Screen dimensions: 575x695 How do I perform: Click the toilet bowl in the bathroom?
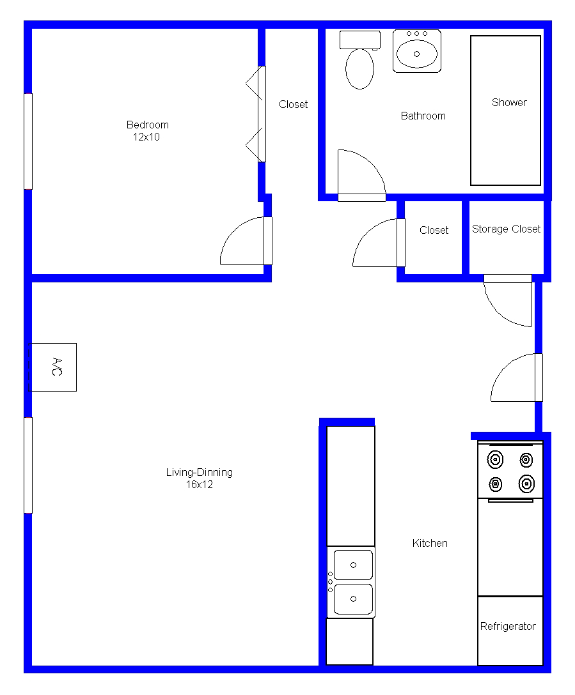tap(359, 69)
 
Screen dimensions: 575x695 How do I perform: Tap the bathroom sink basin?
tap(416, 54)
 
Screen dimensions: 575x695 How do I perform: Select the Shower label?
tap(509, 102)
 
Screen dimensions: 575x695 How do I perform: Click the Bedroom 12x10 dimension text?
tap(146, 137)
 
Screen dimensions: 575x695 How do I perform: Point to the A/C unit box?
tap(53, 367)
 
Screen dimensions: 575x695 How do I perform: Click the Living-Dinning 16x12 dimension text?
tap(199, 484)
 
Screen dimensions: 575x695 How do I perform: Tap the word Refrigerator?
tap(508, 626)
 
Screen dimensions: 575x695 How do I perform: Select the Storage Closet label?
tap(506, 229)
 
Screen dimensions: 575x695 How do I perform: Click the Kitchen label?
tap(430, 544)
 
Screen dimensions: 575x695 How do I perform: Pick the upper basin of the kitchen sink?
tap(353, 565)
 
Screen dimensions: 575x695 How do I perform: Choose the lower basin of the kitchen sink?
tap(353, 599)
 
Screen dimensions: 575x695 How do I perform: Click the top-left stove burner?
tap(495, 460)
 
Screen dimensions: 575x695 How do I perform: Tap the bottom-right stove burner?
tap(526, 484)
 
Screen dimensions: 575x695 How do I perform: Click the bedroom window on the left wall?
tap(28, 141)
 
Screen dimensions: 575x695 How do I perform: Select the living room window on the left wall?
tap(28, 466)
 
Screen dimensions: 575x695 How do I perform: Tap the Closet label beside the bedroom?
tap(294, 105)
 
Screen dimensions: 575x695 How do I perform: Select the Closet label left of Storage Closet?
tap(434, 231)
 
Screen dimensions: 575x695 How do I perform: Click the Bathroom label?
tap(423, 116)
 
